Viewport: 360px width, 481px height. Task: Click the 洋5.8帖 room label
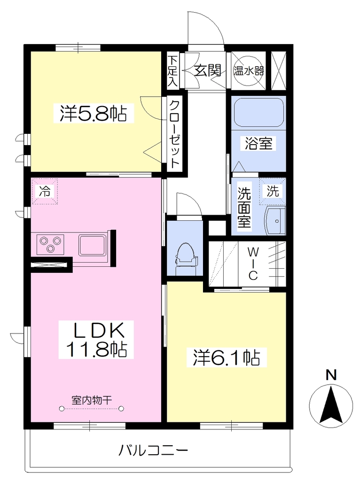click(x=94, y=114)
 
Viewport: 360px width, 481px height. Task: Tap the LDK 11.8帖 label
click(x=96, y=340)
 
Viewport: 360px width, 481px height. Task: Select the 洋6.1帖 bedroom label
click(x=227, y=357)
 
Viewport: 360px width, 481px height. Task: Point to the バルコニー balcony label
click(x=153, y=450)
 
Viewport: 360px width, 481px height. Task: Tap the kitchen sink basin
click(x=93, y=245)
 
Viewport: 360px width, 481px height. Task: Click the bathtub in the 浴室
click(x=258, y=113)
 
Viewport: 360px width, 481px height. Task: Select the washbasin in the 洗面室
click(x=275, y=221)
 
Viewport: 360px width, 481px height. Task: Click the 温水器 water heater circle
click(x=248, y=71)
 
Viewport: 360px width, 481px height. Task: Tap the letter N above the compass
click(x=331, y=375)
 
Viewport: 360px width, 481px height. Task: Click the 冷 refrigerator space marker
click(x=45, y=192)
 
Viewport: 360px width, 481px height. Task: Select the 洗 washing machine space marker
click(x=273, y=191)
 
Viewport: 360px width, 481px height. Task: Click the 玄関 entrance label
click(x=208, y=71)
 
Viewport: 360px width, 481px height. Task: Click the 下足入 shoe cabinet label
click(x=173, y=71)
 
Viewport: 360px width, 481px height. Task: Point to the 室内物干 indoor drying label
click(x=92, y=400)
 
